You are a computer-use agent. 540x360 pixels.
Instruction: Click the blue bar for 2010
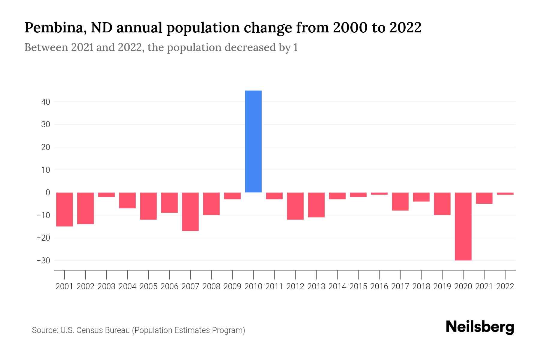click(253, 141)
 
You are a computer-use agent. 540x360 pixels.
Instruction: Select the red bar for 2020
click(463, 226)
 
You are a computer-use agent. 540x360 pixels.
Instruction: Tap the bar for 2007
click(190, 212)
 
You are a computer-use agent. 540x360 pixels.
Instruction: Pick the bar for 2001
click(64, 209)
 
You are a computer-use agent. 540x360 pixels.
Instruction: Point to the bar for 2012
click(295, 206)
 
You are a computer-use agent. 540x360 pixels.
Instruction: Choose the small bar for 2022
click(505, 194)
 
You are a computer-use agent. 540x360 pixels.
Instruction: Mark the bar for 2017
click(400, 202)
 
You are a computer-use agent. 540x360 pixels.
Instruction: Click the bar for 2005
click(148, 206)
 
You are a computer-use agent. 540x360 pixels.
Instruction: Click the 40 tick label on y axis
click(46, 102)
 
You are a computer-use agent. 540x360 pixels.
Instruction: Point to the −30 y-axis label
click(43, 260)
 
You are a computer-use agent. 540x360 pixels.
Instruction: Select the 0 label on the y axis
click(48, 193)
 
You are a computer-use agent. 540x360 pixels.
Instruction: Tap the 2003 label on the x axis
click(106, 286)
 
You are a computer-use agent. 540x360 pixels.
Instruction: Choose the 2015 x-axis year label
click(358, 286)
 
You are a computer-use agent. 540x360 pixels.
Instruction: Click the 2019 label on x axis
click(442, 286)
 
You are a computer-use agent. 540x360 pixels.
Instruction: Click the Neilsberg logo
click(480, 327)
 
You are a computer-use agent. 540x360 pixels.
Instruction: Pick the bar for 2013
click(316, 205)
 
